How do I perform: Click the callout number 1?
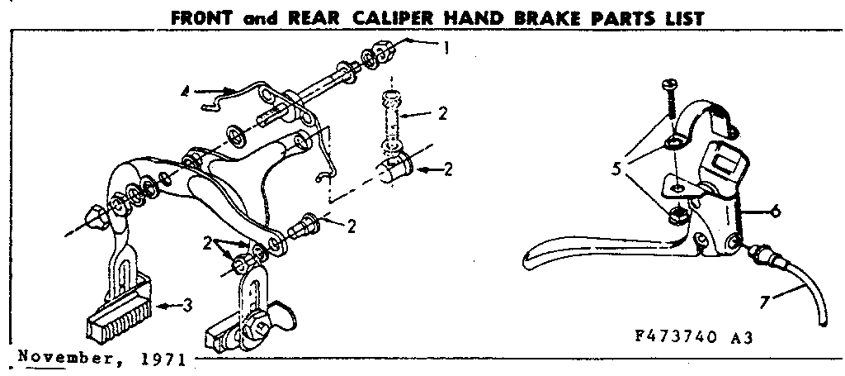coord(446,48)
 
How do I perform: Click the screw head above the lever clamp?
coord(669,85)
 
